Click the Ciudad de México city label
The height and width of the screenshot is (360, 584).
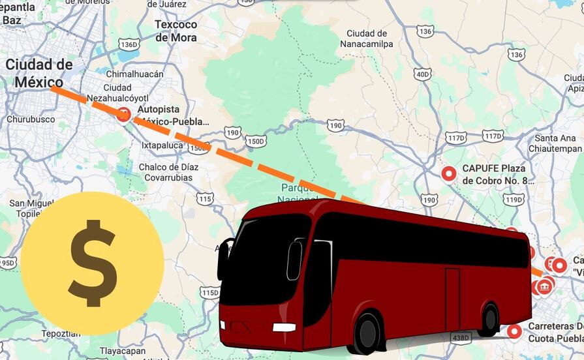pos(39,73)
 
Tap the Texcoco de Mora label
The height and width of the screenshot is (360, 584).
pos(176,31)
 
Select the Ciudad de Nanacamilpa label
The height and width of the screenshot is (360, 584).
pos(367,38)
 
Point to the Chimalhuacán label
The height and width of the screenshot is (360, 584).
pos(134,74)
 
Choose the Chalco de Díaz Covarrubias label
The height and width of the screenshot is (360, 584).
pos(168,172)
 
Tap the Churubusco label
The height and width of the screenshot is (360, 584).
pos(31,120)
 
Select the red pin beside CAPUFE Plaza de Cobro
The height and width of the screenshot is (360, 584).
pos(448,173)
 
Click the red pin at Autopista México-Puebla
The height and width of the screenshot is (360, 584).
pos(123,114)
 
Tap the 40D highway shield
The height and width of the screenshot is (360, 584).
pos(422,74)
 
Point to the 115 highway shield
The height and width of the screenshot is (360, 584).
pos(205,198)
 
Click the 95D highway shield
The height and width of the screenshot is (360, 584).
pos(7,263)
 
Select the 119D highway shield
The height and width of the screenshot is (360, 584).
pos(514,200)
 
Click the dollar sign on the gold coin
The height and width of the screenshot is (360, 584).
pos(92,262)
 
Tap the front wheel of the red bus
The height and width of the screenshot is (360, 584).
pos(367,332)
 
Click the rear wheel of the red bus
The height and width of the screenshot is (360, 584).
pos(489,320)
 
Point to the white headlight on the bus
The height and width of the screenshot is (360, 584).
pos(284,327)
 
